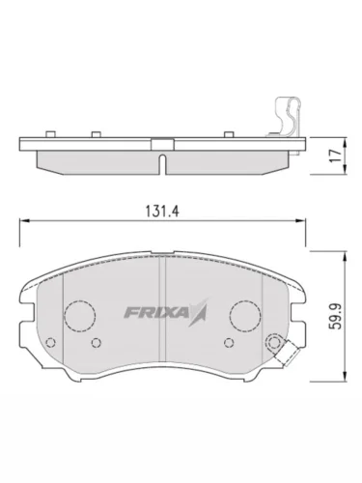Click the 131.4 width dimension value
pyautogui.click(x=162, y=212)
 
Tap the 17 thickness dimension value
pyautogui.click(x=336, y=156)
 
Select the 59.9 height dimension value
pyautogui.click(x=336, y=317)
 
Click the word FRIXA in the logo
pyautogui.click(x=156, y=312)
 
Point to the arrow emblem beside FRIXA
pyautogui.click(x=199, y=312)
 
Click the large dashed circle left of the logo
pyautogui.click(x=80, y=316)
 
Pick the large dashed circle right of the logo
pyautogui.click(x=245, y=316)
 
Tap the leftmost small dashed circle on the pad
pyautogui.click(x=51, y=342)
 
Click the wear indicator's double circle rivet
pyautogui.click(x=273, y=343)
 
